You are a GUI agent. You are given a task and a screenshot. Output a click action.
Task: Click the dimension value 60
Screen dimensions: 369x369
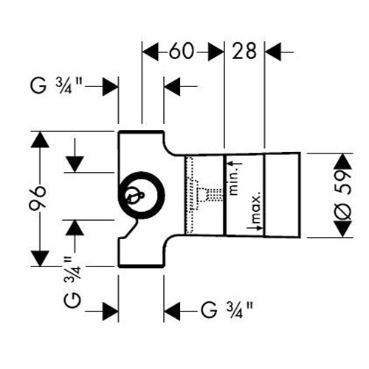182,51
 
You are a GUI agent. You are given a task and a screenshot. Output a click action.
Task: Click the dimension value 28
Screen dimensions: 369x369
244,51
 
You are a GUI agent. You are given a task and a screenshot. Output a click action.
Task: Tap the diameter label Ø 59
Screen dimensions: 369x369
342,195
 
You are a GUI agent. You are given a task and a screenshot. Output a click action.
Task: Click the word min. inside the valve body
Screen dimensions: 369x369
234,182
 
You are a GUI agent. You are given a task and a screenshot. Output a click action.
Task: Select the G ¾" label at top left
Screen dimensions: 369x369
55,86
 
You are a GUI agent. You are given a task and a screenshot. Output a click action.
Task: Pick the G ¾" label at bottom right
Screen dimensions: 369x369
227,311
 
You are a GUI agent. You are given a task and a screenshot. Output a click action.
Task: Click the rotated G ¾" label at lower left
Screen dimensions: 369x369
72,283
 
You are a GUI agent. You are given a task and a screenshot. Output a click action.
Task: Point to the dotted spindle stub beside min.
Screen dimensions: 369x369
215,194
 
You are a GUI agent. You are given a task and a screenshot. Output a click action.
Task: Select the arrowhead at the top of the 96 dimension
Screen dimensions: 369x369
40,139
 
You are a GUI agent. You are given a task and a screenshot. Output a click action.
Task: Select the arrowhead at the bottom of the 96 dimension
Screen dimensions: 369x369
40,258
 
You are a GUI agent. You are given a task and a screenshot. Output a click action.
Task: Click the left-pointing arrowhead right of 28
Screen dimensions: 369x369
273,52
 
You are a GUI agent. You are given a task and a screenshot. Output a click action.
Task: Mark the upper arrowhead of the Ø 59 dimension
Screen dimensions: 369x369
343,162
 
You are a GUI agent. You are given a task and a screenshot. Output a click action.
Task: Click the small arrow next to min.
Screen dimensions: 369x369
235,163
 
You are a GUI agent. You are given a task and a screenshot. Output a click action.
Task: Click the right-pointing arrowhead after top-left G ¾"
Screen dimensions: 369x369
110,87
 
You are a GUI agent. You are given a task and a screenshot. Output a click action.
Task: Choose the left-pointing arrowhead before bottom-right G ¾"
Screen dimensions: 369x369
172,312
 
